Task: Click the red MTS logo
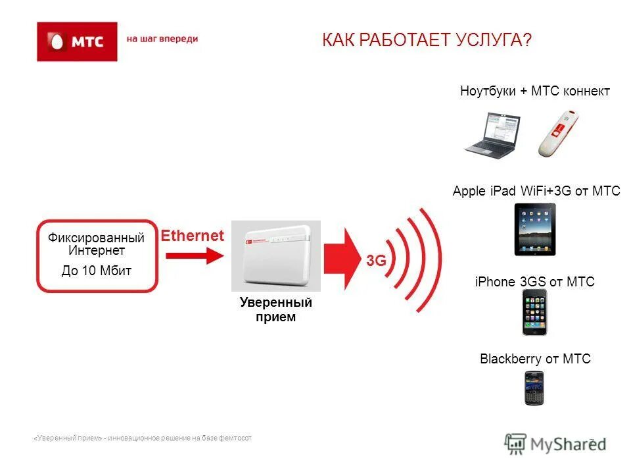77,41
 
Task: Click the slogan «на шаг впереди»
162,39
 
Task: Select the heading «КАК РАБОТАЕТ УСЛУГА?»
426,41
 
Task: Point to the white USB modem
558,135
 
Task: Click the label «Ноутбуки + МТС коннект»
535,92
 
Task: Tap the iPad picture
534,229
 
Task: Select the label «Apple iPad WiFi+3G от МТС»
536,192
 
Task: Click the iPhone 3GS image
534,312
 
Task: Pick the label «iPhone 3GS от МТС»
534,282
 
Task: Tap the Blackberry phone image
534,388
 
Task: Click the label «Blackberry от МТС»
535,359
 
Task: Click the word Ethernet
193,236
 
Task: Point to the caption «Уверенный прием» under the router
275,309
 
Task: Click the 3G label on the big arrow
376,260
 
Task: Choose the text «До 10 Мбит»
97,271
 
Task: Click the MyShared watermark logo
555,443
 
